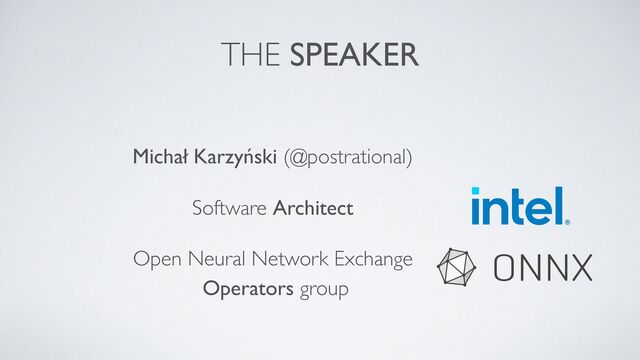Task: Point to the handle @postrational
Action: pyautogui.click(x=348, y=158)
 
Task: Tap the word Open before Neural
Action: pyautogui.click(x=154, y=261)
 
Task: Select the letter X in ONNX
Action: pyautogui.click(x=581, y=267)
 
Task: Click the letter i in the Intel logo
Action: pyautogui.click(x=476, y=206)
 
